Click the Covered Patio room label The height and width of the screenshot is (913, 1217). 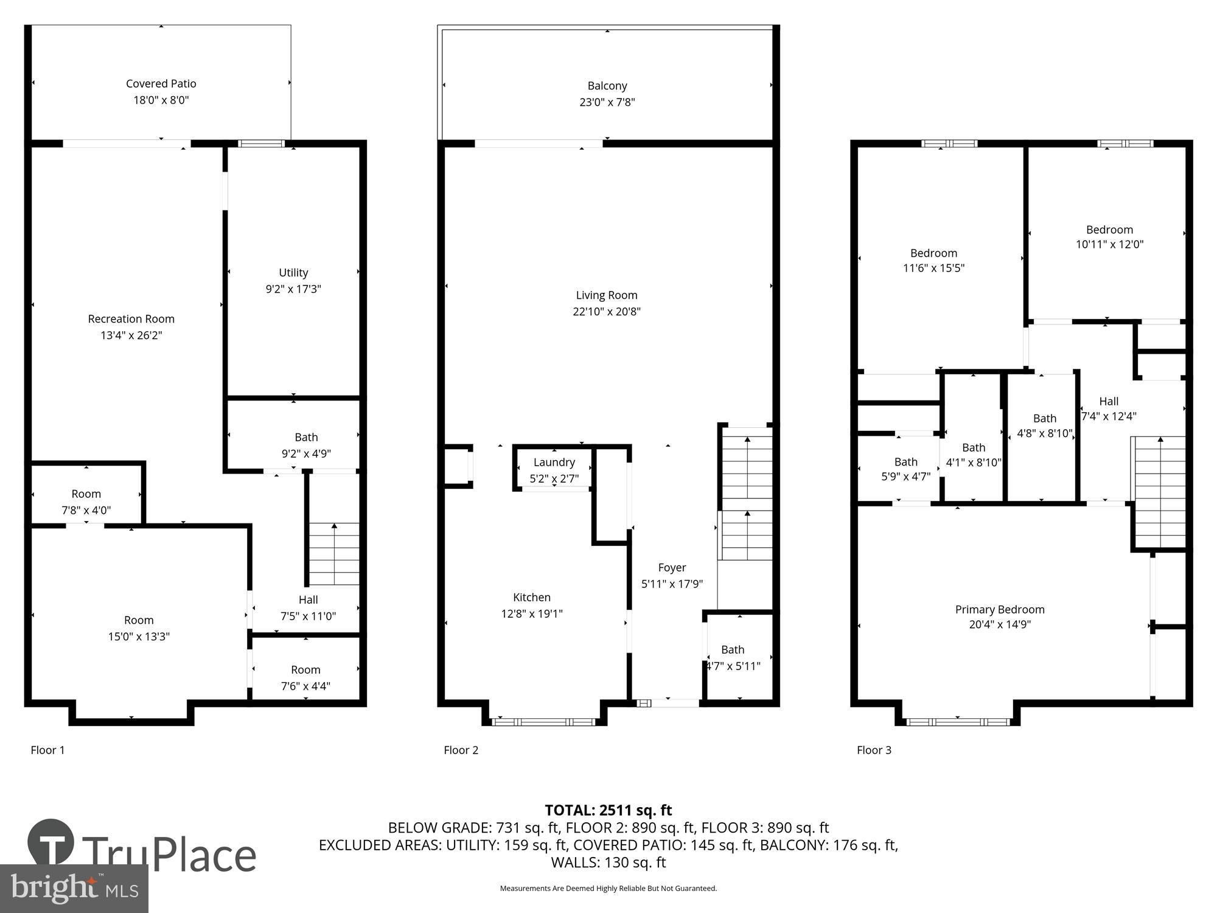pyautogui.click(x=161, y=83)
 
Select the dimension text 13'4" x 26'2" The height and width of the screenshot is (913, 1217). pyautogui.click(x=131, y=335)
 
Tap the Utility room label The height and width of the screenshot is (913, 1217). pyautogui.click(x=293, y=273)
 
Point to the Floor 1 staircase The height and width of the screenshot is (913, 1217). pyautogui.click(x=334, y=553)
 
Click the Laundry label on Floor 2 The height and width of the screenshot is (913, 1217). pyautogui.click(x=554, y=463)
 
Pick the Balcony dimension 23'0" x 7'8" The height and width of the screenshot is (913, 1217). pyautogui.click(x=607, y=102)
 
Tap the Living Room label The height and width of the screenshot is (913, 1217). pyautogui.click(x=607, y=295)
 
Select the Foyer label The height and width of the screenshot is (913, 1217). pyautogui.click(x=672, y=567)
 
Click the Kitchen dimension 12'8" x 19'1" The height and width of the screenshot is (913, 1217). pyautogui.click(x=531, y=614)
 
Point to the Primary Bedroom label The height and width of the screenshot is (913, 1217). pyautogui.click(x=1000, y=609)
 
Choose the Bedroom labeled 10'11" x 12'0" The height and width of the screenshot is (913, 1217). pyautogui.click(x=1109, y=229)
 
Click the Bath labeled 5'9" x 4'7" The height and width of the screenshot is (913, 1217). pyautogui.click(x=905, y=462)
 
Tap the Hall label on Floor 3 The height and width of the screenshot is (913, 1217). pyautogui.click(x=1109, y=401)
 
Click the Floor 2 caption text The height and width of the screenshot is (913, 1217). pyautogui.click(x=461, y=750)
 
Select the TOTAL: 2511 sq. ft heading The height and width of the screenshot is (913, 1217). pyautogui.click(x=608, y=810)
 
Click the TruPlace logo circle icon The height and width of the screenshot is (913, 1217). pyautogui.click(x=51, y=843)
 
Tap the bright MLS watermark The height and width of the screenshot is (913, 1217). pyautogui.click(x=74, y=889)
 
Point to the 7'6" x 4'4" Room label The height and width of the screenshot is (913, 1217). pyautogui.click(x=305, y=670)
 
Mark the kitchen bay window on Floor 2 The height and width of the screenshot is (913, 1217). pyautogui.click(x=543, y=722)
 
